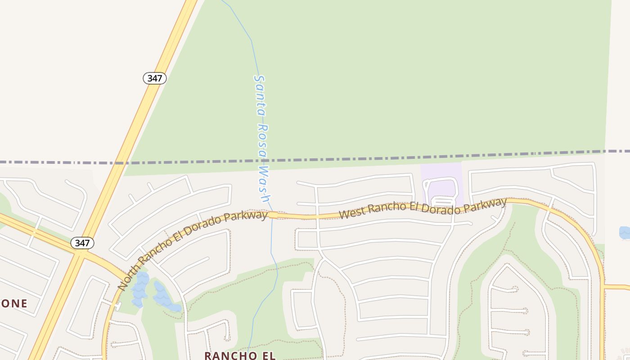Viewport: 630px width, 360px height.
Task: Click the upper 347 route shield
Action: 155,78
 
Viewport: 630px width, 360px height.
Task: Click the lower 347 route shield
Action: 82,243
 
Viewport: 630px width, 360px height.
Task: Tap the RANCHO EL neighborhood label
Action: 239,355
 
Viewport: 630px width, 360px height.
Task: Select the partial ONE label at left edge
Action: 13,303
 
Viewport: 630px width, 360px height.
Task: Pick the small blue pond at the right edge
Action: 625,233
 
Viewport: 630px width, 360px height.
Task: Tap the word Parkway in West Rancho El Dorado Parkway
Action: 485,205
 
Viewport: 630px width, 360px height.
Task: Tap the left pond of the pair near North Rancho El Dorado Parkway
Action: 140,288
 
